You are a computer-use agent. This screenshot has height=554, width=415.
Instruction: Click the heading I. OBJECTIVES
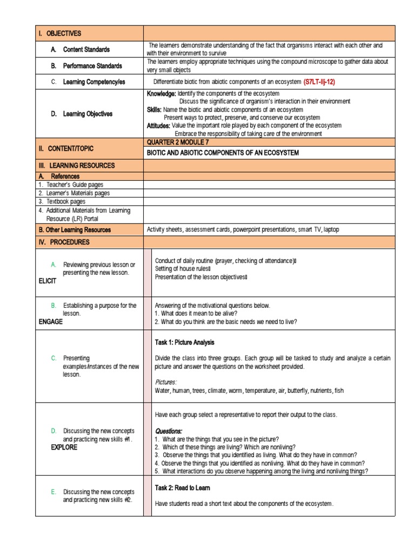pos(59,33)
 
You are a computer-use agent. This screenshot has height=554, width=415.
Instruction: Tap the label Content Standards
pos(86,49)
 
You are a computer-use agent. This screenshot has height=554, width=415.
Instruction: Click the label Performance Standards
pos(92,65)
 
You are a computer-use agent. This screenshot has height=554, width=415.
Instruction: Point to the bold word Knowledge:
pos(161,94)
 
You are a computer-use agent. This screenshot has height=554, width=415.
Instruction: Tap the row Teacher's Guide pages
pos(70,184)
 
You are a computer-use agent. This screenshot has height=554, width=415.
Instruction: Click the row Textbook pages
pos(62,201)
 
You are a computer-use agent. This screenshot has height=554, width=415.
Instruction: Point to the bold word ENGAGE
pos(50,321)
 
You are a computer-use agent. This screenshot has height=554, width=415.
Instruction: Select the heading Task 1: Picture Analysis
pos(184,342)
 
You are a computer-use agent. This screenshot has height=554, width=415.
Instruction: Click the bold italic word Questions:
pos(169,431)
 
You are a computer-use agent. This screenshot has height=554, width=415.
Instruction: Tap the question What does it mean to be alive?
pos(196,313)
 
